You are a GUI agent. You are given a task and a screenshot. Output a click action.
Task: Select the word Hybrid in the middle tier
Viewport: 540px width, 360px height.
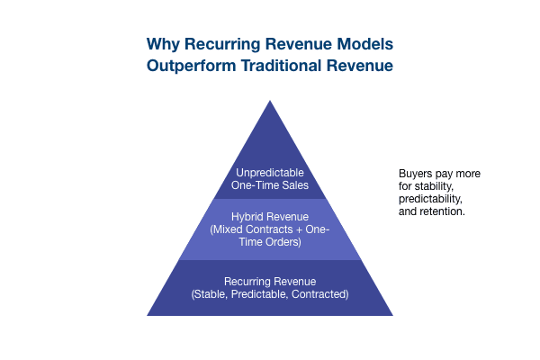tap(247, 217)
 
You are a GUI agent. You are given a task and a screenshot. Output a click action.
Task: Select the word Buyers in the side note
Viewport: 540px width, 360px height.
tap(415, 173)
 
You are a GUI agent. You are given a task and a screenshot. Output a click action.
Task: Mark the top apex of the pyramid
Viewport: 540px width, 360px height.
tap(270, 99)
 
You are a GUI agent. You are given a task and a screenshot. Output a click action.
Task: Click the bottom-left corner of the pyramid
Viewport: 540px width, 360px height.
tap(148, 314)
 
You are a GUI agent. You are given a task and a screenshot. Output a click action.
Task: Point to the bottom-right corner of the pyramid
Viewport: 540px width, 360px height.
tap(392, 314)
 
